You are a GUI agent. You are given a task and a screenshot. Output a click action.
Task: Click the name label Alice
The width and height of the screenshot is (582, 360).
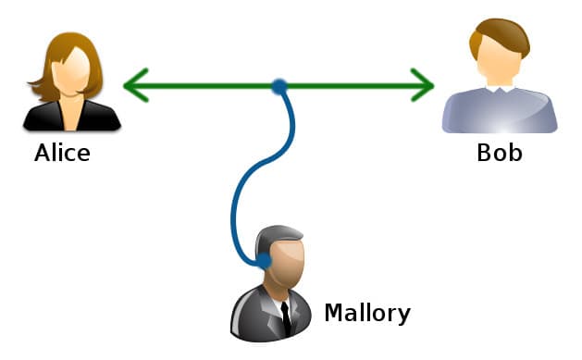coord(62,153)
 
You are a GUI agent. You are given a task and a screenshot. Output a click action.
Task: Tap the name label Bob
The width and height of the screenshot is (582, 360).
coord(500,153)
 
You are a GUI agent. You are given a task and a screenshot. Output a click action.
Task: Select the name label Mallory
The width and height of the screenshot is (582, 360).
coord(366,313)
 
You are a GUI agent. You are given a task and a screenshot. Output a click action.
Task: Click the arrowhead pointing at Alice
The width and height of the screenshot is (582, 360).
coord(133,86)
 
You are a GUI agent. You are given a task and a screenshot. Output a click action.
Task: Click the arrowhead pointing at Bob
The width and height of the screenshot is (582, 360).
coord(425,86)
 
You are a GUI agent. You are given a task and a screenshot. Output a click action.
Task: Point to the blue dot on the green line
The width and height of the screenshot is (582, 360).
coord(279,86)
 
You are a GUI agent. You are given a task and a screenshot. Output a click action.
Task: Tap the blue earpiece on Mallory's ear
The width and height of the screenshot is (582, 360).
coord(263,260)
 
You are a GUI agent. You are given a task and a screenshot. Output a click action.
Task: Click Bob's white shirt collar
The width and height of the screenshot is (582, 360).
coord(501,91)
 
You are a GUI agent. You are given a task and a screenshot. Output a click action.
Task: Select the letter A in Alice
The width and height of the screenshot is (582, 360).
coord(43,153)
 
